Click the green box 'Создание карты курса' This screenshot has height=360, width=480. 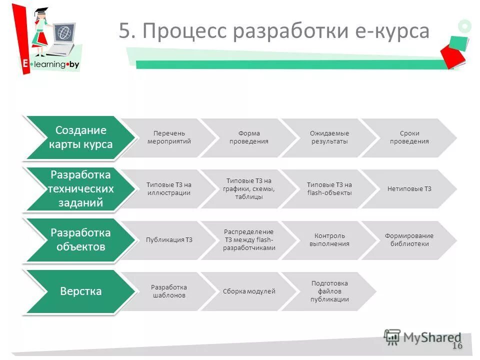80,137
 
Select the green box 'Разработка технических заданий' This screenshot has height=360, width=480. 80,189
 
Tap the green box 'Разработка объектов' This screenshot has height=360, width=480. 80,240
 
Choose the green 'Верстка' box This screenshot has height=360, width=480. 80,291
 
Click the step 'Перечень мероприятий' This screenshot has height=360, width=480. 169,137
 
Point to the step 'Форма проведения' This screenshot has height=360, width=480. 248,137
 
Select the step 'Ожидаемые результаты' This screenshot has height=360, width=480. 329,137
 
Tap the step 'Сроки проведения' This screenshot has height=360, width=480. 409,137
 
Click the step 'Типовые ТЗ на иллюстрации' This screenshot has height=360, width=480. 169,189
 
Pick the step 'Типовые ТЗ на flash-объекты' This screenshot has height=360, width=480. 329,189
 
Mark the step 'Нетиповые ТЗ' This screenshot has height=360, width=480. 409,189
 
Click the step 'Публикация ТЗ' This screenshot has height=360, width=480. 169,240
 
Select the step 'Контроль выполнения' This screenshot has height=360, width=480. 329,240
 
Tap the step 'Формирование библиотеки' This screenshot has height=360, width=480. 409,240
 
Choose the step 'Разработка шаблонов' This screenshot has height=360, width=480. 169,291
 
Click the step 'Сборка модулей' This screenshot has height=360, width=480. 248,291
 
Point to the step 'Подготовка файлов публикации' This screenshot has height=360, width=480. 329,291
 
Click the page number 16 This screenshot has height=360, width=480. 457,346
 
